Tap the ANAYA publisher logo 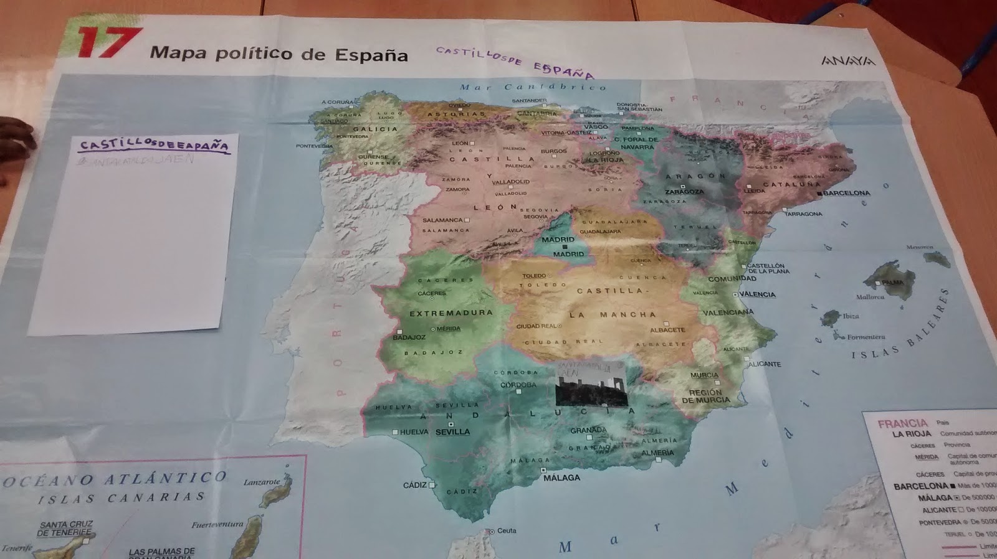[x=847, y=61]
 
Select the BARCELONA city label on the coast [x=846, y=193]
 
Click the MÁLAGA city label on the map [x=561, y=477]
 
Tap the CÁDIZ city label [x=414, y=485]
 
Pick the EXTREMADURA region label [x=451, y=313]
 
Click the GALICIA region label [x=375, y=129]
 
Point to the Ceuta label [x=507, y=530]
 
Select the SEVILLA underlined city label [x=452, y=432]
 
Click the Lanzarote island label [x=262, y=482]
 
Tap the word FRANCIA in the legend [x=902, y=423]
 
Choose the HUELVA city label [x=414, y=432]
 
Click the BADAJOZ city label [x=409, y=337]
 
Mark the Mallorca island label [x=870, y=297]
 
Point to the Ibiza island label [x=851, y=316]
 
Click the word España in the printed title [x=371, y=55]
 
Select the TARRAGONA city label [x=803, y=214]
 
